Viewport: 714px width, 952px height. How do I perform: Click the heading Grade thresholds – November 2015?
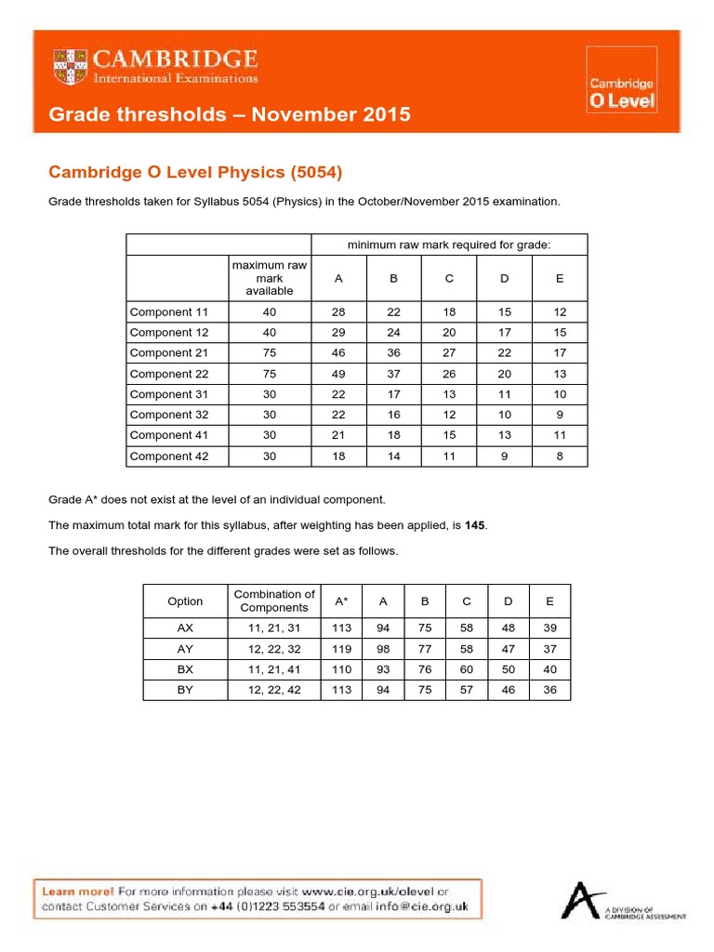tap(229, 114)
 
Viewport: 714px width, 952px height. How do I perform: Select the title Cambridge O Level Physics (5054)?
tap(195, 172)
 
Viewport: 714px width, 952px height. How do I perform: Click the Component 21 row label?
tap(168, 353)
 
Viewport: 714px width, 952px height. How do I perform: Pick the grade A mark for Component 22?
tap(337, 374)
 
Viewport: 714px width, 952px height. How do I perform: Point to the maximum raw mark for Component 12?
tap(269, 333)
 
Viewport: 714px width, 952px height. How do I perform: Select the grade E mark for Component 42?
tap(559, 456)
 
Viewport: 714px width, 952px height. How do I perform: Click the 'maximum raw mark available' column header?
tap(269, 278)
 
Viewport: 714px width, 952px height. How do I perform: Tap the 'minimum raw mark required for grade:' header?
tap(448, 245)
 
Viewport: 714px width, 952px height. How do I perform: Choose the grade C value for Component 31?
tap(448, 394)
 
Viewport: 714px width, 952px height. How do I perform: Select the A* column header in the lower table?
tap(342, 602)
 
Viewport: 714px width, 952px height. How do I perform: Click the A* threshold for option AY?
tap(342, 649)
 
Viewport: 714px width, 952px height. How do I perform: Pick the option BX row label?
tap(185, 669)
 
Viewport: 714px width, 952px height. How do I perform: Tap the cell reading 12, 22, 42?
tap(274, 690)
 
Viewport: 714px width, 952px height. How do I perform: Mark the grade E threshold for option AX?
tap(549, 628)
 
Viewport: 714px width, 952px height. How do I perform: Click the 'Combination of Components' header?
tap(274, 601)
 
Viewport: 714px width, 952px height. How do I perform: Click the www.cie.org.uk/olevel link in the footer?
tap(364, 892)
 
